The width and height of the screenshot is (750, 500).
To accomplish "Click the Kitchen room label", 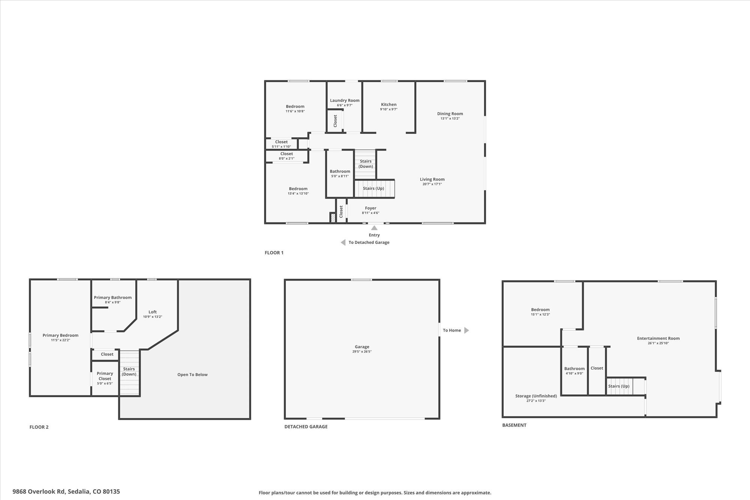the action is coord(388,105).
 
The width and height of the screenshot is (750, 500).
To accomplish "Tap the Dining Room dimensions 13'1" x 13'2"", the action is coord(450,119).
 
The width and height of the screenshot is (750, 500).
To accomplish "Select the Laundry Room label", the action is coord(345,101).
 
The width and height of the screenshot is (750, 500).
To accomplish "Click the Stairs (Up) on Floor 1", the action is coord(373,188).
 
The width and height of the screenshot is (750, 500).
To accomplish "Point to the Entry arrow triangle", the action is coord(374,228).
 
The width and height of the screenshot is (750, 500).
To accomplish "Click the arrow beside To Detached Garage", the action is coord(343,242).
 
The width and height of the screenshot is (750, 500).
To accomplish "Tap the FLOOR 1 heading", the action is coord(274,253).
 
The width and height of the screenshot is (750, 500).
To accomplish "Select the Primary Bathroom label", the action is coord(112,297).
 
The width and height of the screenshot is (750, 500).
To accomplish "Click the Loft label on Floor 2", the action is coord(153,312).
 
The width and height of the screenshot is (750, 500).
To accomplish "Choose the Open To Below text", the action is coord(192,375).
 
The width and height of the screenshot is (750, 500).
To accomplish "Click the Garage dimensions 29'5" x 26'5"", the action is coord(362,352).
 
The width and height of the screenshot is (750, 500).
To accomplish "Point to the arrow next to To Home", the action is coord(466,330).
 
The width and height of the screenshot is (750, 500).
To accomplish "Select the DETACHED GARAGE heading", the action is coord(306,426).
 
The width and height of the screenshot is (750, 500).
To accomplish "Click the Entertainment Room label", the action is coord(658,338).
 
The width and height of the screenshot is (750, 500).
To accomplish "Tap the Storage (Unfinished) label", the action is coord(536,396).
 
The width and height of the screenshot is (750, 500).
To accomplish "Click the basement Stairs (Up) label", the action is coord(619,386).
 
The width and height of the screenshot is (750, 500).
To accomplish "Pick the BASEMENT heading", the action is coord(514,425).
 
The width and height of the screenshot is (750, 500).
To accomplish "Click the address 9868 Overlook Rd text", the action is coord(39,491).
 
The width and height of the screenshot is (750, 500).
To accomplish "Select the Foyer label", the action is coord(370,208).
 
